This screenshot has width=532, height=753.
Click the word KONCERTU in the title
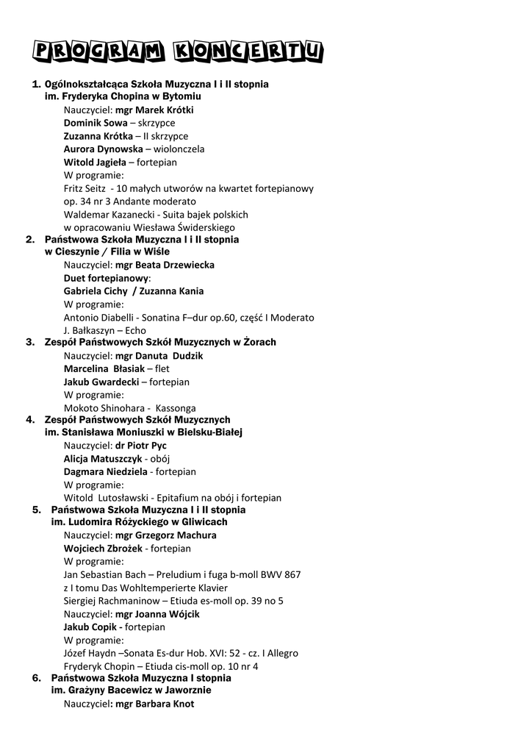click(248, 50)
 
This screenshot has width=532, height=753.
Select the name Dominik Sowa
click(95, 123)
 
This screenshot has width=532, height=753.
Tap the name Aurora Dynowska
click(103, 149)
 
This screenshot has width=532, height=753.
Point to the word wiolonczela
click(179, 149)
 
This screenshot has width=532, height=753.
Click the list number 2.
click(30, 240)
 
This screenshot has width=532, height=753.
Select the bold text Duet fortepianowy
click(106, 278)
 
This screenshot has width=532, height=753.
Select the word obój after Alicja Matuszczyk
click(160, 459)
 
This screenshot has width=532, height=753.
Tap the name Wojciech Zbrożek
click(103, 549)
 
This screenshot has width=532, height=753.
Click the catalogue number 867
click(291, 574)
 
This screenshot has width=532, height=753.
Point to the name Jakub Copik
click(92, 627)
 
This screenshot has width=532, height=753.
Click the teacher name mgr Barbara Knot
click(155, 704)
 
